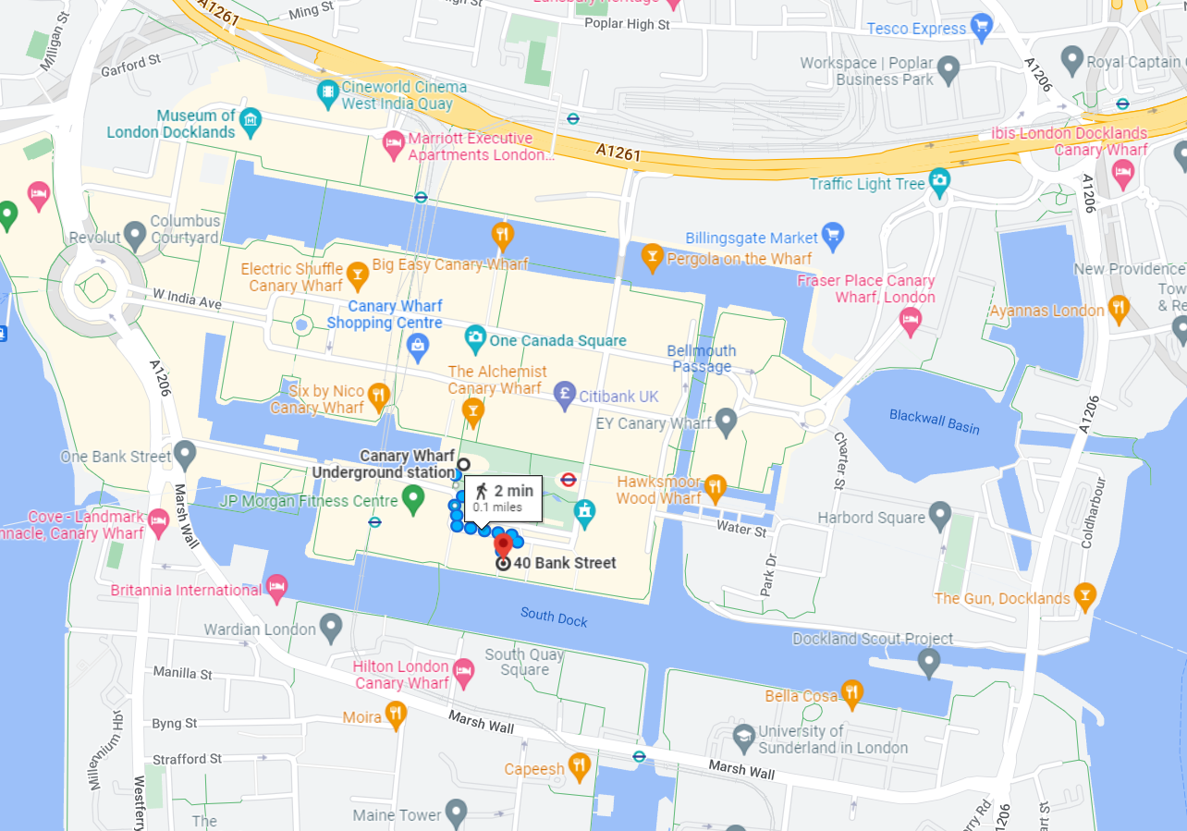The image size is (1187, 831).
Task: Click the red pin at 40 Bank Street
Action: click(503, 545)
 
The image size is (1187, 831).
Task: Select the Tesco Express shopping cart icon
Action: click(982, 27)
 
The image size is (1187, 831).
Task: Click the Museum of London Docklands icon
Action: click(250, 121)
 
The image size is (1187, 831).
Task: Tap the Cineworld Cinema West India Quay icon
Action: click(327, 92)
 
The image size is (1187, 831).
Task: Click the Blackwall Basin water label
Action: click(934, 422)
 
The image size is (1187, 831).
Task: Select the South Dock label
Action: click(554, 616)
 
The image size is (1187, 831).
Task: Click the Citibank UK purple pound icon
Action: click(564, 396)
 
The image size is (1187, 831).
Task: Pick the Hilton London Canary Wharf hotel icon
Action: click(463, 673)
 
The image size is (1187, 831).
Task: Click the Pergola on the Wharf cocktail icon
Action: click(652, 257)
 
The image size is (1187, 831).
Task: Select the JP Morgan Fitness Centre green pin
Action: click(414, 500)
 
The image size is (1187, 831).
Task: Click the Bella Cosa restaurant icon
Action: click(851, 693)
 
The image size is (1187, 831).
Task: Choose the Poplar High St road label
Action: click(626, 25)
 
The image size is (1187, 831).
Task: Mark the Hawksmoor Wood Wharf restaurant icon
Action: click(715, 487)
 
